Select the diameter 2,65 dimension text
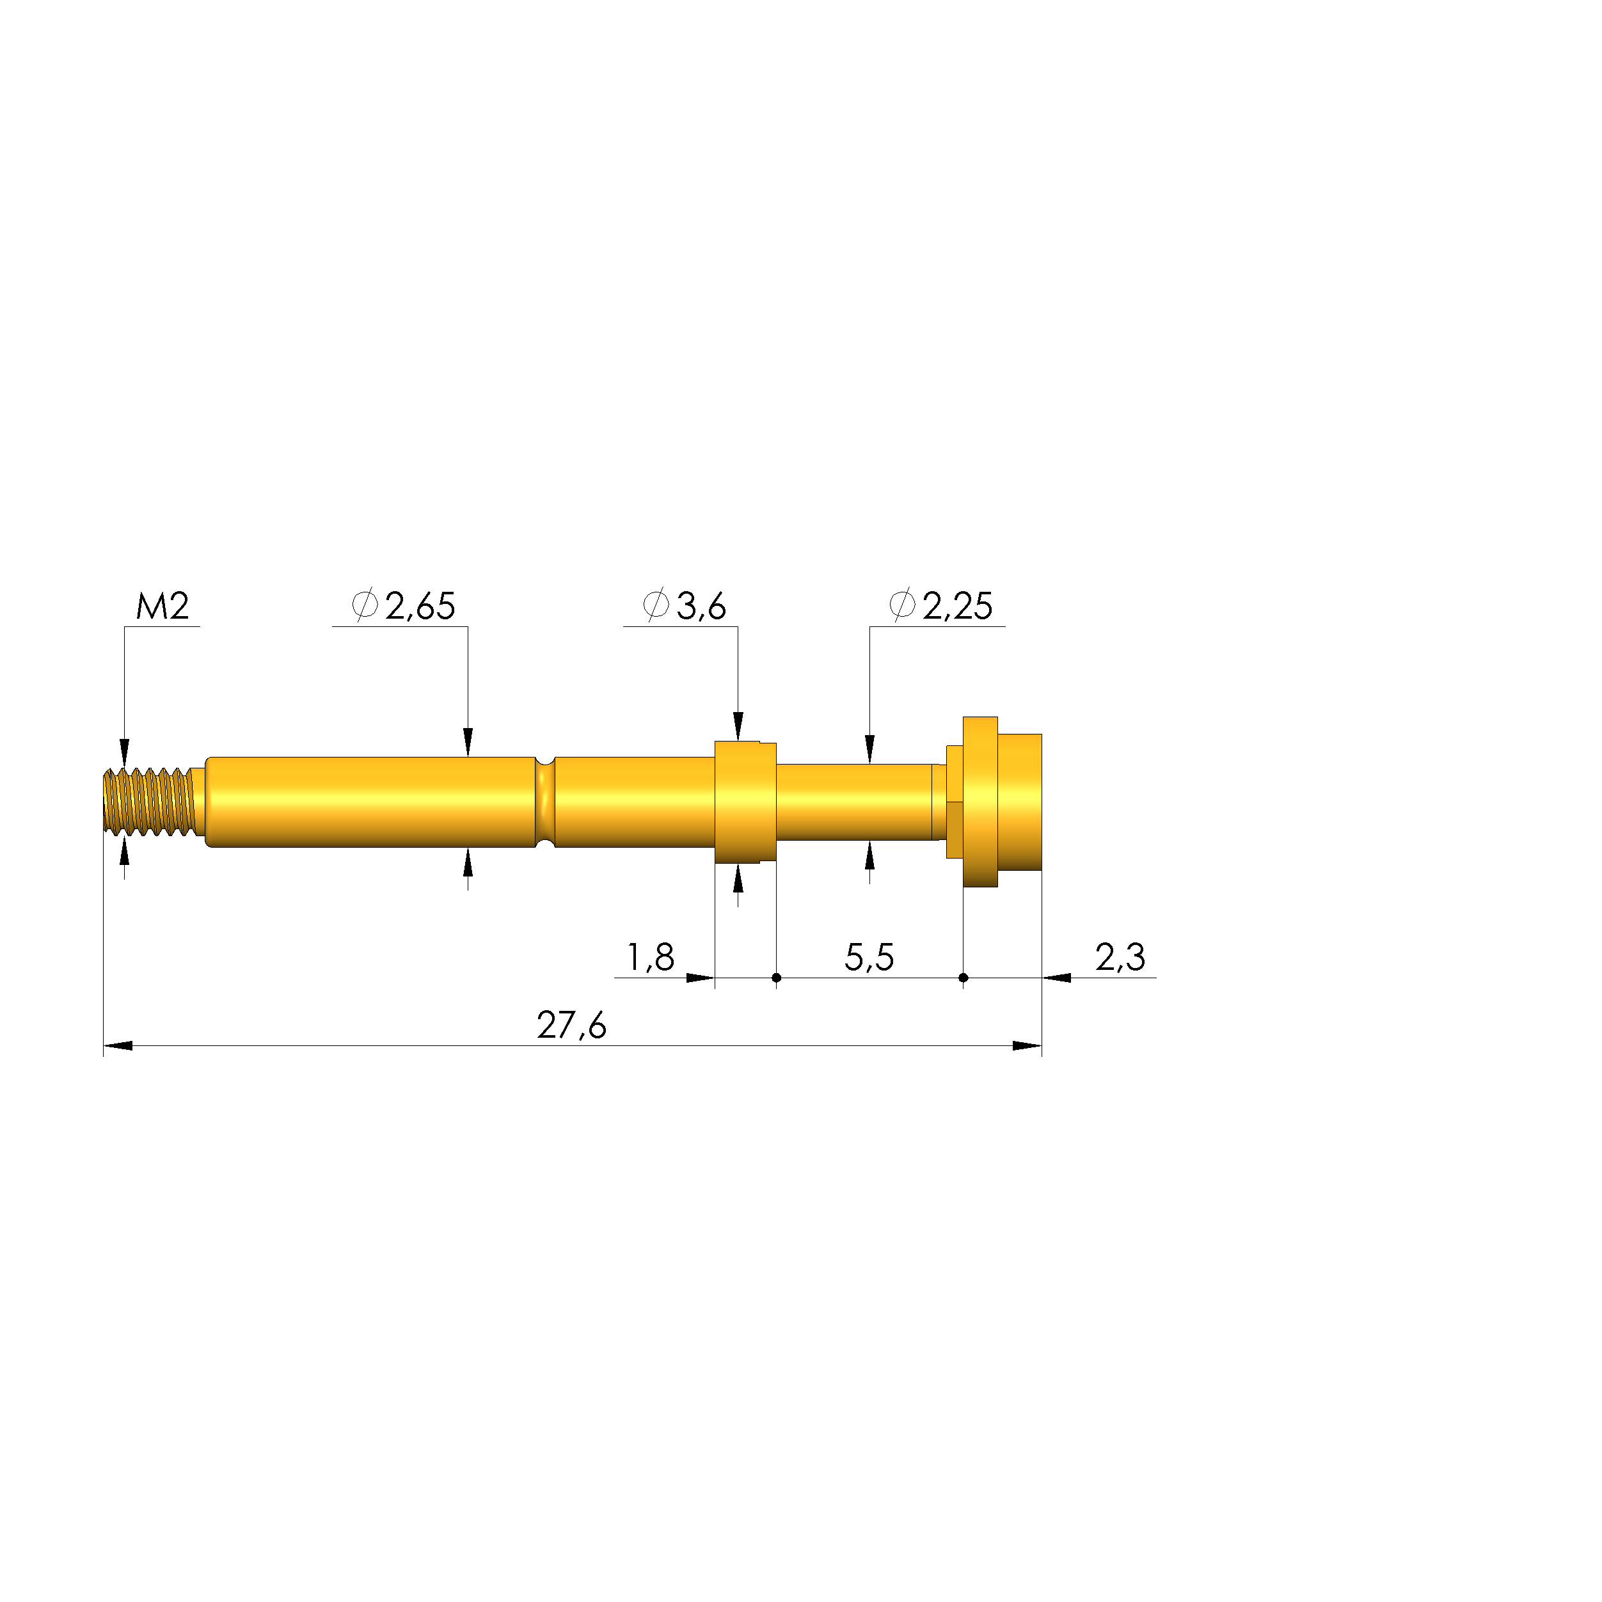(x=403, y=605)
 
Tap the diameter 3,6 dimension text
(x=684, y=605)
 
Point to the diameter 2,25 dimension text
(x=940, y=605)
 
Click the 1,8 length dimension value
(x=651, y=957)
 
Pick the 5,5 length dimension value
(x=869, y=957)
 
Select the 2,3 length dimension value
(x=1120, y=957)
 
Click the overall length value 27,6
(x=571, y=1025)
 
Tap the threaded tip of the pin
(x=149, y=802)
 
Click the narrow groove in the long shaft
(x=545, y=802)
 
